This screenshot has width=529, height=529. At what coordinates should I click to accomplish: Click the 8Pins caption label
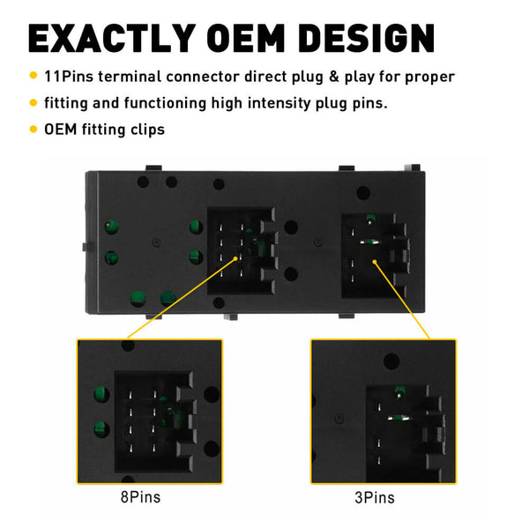coord(140,497)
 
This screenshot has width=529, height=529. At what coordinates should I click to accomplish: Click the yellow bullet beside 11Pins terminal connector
coord(34,78)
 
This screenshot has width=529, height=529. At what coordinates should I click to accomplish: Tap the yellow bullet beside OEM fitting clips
coord(34,130)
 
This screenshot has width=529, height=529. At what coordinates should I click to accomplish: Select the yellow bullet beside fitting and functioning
coord(34,104)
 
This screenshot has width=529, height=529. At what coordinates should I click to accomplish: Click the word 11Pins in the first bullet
coord(68,78)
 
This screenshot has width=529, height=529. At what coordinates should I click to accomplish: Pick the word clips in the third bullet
coord(145,130)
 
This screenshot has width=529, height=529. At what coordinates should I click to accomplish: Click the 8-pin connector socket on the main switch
coord(240,251)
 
